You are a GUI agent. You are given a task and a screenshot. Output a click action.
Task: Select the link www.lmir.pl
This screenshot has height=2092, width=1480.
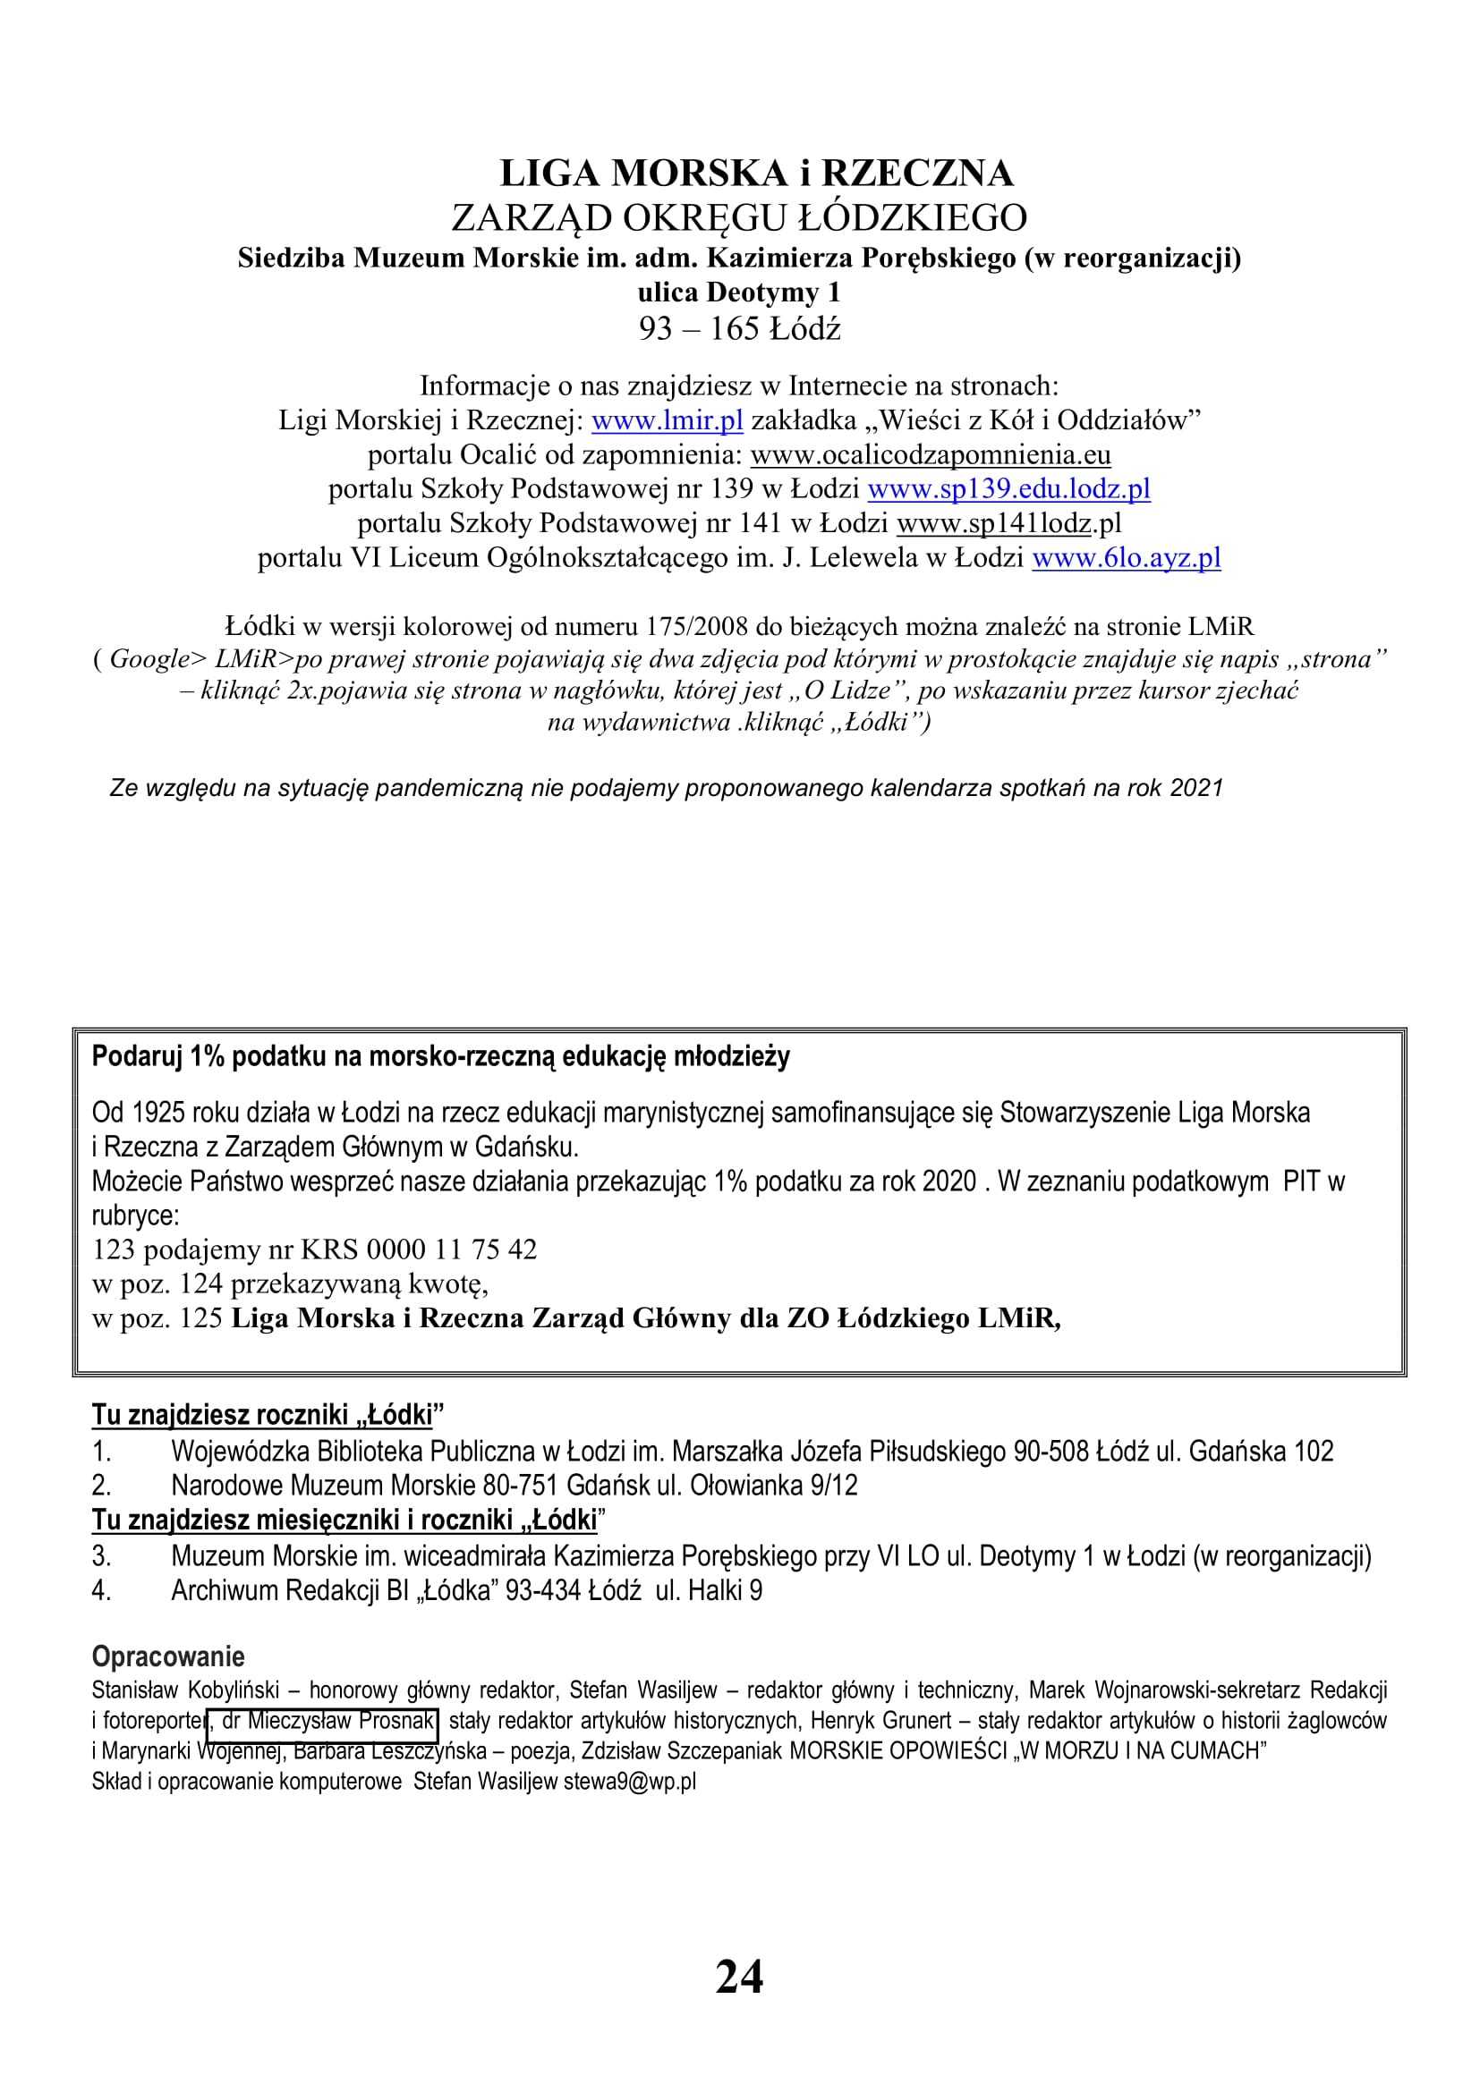pos(668,420)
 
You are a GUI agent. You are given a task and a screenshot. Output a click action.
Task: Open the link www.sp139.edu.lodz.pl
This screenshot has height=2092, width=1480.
pos(1008,489)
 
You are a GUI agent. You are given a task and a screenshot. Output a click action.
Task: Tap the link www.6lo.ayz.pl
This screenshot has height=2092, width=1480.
pos(1126,557)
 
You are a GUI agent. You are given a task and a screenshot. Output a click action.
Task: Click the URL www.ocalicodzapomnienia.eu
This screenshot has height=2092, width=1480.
pos(931,454)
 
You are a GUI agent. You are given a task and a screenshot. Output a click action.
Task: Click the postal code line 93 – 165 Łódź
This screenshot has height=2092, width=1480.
pos(739,329)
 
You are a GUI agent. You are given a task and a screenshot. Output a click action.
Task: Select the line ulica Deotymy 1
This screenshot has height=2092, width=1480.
pos(739,292)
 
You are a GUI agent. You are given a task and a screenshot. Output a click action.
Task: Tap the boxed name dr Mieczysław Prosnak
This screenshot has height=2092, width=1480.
pos(324,1721)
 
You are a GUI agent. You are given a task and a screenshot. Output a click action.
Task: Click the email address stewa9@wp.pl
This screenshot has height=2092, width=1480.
pos(630,1782)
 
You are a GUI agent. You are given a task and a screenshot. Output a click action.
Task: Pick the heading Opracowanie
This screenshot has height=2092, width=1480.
pos(167,1656)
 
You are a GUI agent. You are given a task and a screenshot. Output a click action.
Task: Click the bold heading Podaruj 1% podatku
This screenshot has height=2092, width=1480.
pos(440,1057)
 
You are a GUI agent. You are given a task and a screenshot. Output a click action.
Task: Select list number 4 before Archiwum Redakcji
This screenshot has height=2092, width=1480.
pos(101,1591)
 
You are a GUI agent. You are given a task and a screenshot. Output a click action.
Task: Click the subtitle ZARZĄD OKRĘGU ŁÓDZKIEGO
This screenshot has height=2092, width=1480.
pos(739,217)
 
